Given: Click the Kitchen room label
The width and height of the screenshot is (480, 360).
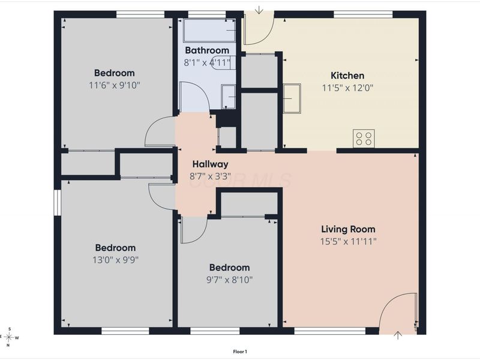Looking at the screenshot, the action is coord(347,76).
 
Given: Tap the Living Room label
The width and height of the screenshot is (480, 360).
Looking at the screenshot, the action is coord(348,229).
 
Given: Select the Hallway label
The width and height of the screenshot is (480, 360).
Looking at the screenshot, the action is coord(211,164).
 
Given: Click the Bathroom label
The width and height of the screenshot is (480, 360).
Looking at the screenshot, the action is coord(207,50).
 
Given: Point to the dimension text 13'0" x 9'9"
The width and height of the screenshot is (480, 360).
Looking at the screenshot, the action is coord(115,260).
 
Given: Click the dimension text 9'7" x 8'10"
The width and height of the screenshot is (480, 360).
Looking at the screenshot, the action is coord(229,280).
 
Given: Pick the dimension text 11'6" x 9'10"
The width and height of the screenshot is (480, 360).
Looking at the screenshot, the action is coord(115,85).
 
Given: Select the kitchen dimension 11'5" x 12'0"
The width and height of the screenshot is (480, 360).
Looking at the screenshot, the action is coord(347,88).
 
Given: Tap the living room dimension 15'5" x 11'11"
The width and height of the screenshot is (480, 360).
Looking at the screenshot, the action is coord(348,242).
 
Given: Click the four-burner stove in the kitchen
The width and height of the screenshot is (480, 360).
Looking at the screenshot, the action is coord(364,139).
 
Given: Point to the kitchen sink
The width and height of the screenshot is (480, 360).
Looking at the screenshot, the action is coord(292,98).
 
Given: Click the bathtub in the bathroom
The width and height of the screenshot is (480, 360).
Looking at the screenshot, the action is coord(209,31).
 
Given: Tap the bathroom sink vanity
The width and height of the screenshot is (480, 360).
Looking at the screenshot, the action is coord(229,97).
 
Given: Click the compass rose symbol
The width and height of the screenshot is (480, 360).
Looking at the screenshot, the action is coord(9,337).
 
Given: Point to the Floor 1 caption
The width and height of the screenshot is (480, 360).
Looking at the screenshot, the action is coord(240,352).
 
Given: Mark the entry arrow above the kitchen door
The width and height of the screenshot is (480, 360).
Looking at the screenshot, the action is coord(259,10).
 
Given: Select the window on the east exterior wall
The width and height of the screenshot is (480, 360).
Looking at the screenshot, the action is coord(57,203).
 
